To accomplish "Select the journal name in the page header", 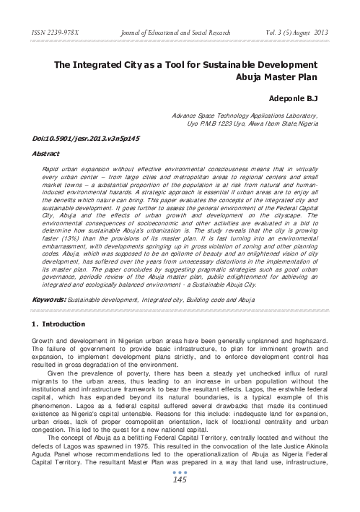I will [167, 32].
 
